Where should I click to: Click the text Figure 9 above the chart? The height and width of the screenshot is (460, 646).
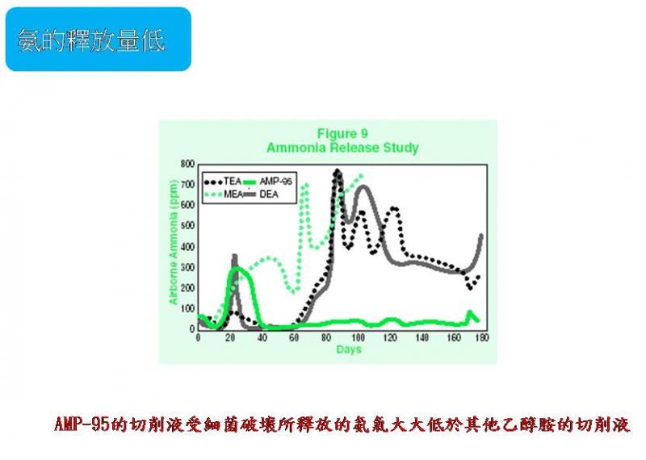pyautogui.click(x=342, y=133)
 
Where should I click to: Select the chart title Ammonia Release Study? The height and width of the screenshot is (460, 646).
pyautogui.click(x=342, y=148)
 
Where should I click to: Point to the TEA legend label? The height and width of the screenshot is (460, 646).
pyautogui.click(x=233, y=181)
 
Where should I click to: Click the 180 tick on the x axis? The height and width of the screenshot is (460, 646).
pyautogui.click(x=483, y=337)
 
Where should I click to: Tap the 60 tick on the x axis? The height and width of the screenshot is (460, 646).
pyautogui.click(x=294, y=337)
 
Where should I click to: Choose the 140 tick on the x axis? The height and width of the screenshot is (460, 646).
pyautogui.click(x=420, y=337)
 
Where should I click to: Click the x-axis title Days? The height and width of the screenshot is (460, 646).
pyautogui.click(x=349, y=349)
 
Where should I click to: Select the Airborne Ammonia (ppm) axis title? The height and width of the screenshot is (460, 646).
pyautogui.click(x=173, y=246)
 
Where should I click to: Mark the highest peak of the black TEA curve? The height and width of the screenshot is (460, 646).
pyautogui.click(x=336, y=171)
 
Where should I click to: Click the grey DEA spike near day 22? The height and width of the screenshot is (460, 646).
pyautogui.click(x=234, y=257)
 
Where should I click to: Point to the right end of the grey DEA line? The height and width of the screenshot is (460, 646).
pyautogui.click(x=482, y=236)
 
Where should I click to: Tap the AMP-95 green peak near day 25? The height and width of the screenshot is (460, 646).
pyautogui.click(x=237, y=268)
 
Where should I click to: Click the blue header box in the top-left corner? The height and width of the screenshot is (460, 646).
pyautogui.click(x=98, y=39)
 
